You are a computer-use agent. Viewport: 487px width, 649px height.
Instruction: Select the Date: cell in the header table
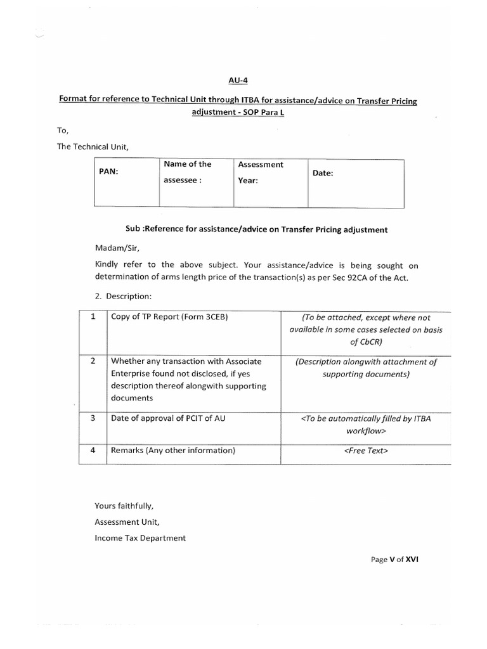point(323,172)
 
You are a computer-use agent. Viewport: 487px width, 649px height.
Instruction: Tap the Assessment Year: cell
point(261,172)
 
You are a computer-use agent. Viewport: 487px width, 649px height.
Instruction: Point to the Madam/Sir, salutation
point(112,250)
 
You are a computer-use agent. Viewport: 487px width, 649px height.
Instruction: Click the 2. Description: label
point(122,296)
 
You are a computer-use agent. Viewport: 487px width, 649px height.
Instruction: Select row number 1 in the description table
point(93,317)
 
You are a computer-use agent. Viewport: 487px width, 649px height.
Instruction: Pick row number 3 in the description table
point(93,418)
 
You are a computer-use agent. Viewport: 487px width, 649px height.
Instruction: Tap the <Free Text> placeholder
point(365,451)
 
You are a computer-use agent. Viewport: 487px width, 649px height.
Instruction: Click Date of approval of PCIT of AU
point(168,418)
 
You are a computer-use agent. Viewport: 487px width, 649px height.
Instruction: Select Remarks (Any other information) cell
point(173,451)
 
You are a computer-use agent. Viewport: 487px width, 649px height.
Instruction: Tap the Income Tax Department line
point(140,537)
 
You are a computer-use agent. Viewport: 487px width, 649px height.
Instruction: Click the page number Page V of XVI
point(394,560)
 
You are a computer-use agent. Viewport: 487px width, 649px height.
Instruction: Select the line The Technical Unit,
point(93,147)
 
